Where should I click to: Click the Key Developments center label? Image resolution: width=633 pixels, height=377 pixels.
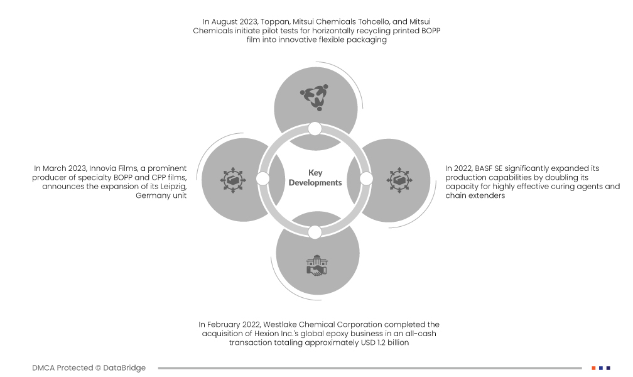tap(315, 178)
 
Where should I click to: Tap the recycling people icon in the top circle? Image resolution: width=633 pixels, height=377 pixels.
tap(314, 97)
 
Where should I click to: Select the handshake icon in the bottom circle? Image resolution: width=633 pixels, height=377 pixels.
tap(316, 266)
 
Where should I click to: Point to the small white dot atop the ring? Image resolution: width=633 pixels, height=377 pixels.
tap(315, 129)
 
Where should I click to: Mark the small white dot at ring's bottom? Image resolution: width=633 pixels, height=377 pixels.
tap(315, 232)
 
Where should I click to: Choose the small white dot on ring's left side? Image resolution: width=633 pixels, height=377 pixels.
tap(263, 179)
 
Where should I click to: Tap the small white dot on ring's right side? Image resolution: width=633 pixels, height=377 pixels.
tap(366, 179)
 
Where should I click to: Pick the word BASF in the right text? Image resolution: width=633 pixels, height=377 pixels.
tap(482, 168)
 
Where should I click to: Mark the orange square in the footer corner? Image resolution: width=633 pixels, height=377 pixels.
tap(593, 368)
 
